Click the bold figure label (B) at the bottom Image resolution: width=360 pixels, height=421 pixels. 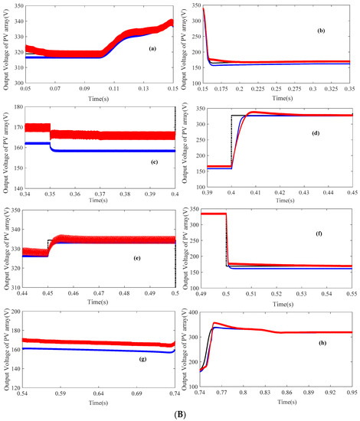coord(182,411)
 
